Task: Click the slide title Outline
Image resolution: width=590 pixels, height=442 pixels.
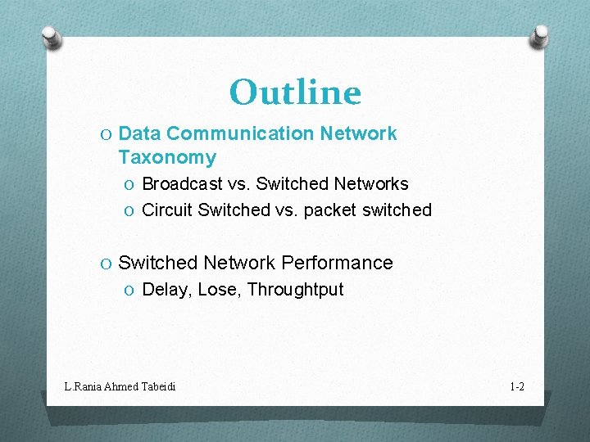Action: click(x=295, y=92)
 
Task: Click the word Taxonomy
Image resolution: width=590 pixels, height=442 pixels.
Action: click(x=167, y=157)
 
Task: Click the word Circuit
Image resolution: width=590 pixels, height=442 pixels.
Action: click(x=167, y=210)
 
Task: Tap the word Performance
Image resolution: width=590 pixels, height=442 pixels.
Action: click(x=337, y=263)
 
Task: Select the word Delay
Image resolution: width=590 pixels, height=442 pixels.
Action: click(x=165, y=290)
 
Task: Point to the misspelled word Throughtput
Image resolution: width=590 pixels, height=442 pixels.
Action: click(x=295, y=290)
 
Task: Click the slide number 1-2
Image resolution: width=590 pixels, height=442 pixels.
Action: click(x=516, y=386)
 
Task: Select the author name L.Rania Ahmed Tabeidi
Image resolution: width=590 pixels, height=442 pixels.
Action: click(x=120, y=386)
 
